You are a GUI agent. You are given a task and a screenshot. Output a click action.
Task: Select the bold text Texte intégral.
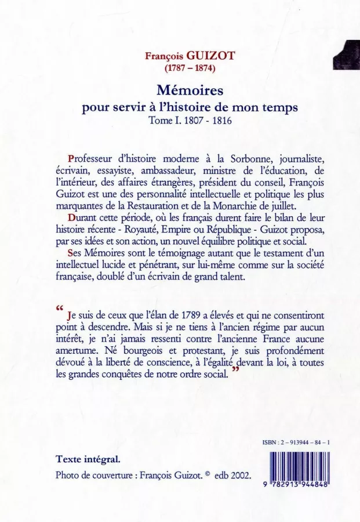click(x=88, y=459)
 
